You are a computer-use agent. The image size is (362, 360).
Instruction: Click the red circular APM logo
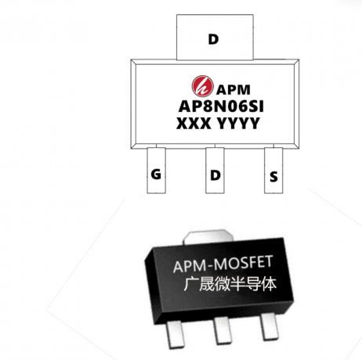[202, 86]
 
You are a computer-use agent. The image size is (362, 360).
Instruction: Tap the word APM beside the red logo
[233, 90]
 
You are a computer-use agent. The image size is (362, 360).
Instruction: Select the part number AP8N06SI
[221, 106]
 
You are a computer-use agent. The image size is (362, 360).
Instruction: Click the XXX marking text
[194, 124]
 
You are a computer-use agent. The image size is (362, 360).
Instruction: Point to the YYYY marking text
[239, 124]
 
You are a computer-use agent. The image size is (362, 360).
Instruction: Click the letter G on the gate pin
[156, 174]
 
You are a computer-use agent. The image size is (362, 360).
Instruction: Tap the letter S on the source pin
[273, 177]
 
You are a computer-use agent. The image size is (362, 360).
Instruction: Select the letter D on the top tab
[213, 39]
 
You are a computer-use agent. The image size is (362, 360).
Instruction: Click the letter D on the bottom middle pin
[215, 175]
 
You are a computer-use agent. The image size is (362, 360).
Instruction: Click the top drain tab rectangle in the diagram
[215, 38]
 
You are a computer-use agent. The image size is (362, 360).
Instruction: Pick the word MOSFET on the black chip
[243, 264]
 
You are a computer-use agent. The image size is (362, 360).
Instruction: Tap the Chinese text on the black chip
[230, 284]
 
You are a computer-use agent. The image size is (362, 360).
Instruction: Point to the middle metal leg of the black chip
[221, 330]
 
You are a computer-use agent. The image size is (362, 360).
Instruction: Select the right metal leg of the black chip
[268, 326]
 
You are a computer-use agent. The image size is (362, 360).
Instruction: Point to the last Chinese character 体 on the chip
[269, 283]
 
